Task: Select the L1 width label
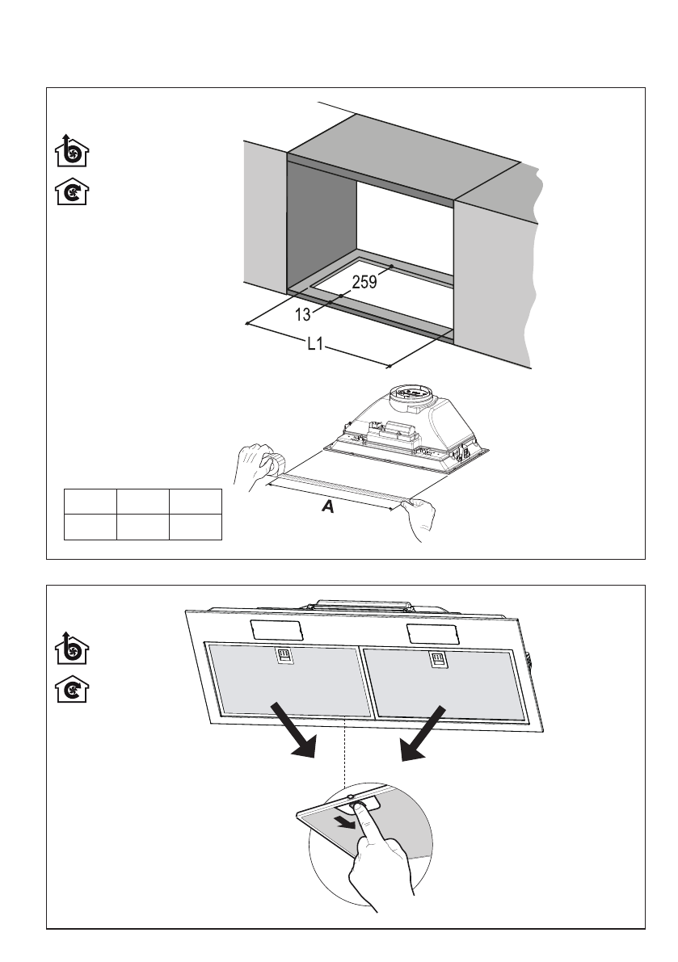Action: point(315,345)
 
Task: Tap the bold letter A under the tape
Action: point(328,507)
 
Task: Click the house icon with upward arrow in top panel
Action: point(73,151)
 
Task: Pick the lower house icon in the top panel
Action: point(73,193)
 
